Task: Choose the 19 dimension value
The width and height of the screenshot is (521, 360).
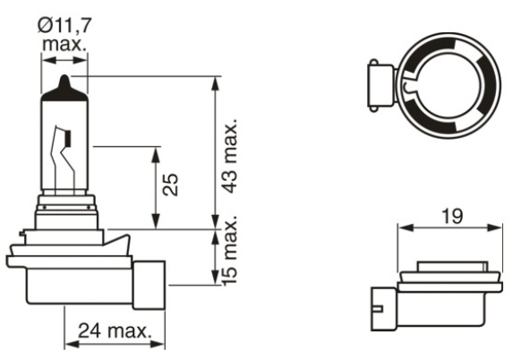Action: pos(449,216)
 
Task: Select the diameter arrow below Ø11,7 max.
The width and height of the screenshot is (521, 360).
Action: pos(66,61)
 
